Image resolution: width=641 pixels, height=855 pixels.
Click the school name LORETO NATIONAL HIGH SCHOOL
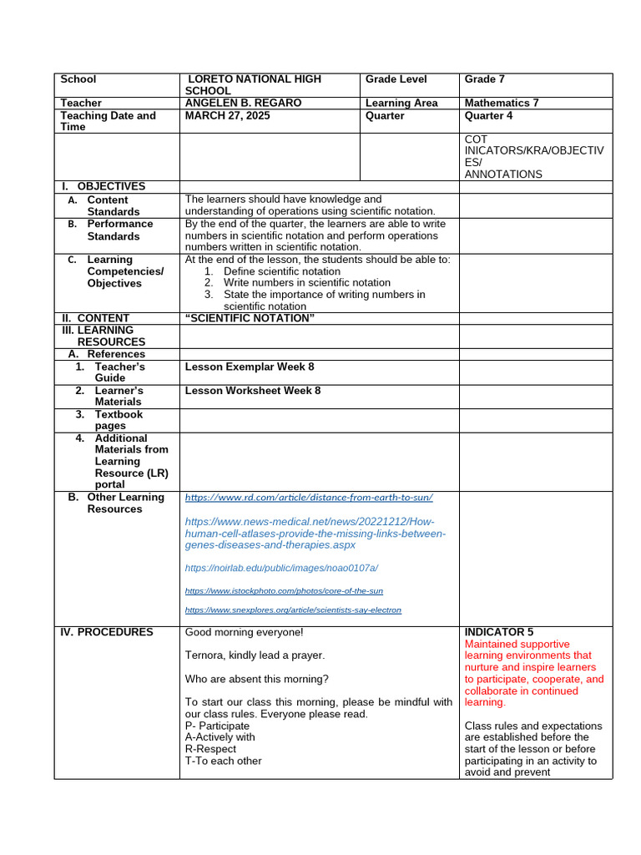(253, 84)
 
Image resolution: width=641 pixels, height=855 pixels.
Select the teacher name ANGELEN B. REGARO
(243, 103)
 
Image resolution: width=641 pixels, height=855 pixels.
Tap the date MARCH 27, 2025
(227, 115)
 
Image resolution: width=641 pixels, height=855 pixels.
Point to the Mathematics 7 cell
(502, 103)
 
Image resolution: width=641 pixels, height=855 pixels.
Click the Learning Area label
(401, 103)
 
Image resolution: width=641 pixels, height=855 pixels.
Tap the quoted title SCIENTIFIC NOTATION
(249, 318)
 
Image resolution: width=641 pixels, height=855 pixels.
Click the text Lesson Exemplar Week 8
(249, 367)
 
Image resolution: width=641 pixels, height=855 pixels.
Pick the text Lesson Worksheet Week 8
(252, 390)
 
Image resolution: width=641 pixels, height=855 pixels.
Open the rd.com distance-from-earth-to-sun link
(309, 497)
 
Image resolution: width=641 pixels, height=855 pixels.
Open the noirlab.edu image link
(281, 568)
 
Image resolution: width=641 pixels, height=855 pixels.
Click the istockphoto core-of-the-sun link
(284, 590)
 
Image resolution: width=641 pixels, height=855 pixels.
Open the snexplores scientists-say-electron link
(293, 610)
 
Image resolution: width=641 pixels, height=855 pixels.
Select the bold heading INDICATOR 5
(499, 632)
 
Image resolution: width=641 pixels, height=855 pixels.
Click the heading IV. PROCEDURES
(107, 632)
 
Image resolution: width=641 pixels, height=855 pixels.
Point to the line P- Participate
(217, 726)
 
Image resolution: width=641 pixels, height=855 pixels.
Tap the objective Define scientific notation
(281, 271)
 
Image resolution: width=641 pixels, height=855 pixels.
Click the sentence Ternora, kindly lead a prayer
(255, 655)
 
